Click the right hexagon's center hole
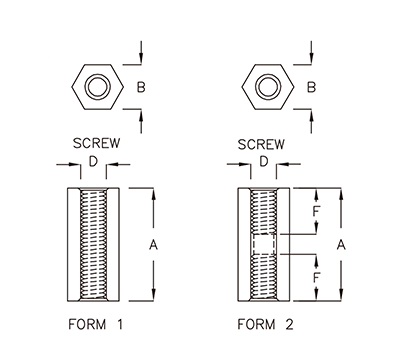(265, 88)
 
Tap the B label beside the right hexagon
(312, 88)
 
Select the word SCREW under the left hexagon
(96, 142)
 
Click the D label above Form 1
(93, 161)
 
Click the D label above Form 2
(264, 161)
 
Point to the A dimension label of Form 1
(154, 243)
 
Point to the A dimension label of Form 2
(341, 243)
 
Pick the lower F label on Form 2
(317, 276)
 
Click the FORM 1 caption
(96, 325)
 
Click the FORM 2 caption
(267, 325)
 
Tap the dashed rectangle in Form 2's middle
(264, 245)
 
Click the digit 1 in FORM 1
(121, 325)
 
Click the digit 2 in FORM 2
(292, 325)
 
